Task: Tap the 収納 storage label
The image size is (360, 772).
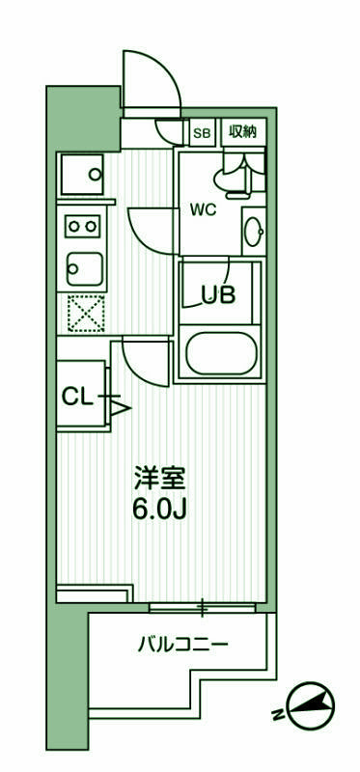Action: [x=241, y=131]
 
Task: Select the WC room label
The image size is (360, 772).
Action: [x=203, y=207]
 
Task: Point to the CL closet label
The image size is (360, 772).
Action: [x=77, y=395]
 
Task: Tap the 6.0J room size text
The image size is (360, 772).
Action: [x=159, y=508]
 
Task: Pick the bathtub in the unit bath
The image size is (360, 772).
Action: [x=222, y=354]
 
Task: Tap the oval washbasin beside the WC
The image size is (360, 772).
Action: [x=253, y=232]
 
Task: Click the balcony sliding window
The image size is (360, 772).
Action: [x=203, y=608]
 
